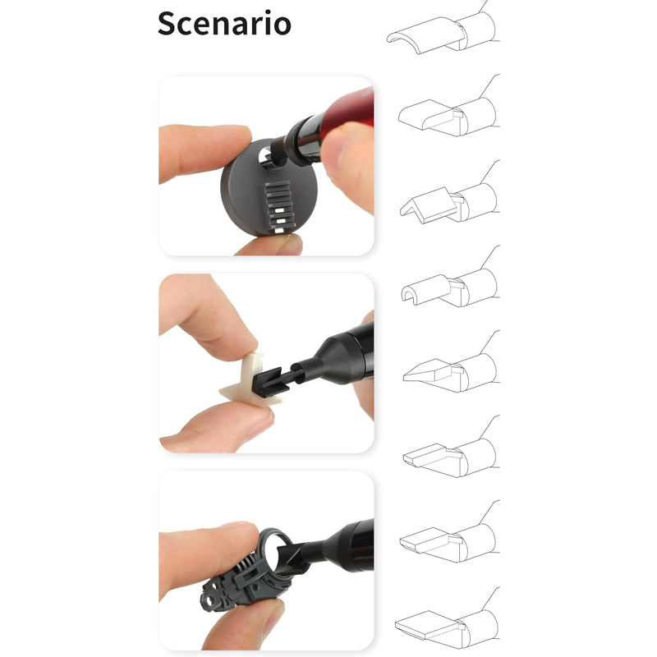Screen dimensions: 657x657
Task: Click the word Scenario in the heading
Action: point(224,24)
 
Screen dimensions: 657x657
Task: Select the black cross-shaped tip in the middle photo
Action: point(271,381)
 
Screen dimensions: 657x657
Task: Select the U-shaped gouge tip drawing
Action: point(424,288)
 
